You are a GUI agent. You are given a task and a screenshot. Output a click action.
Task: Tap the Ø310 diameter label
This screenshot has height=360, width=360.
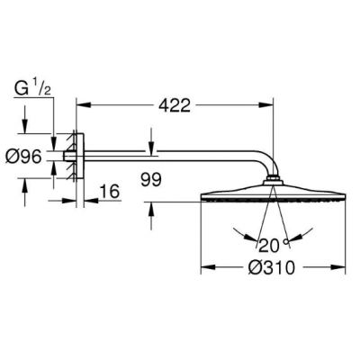pyautogui.click(x=273, y=266)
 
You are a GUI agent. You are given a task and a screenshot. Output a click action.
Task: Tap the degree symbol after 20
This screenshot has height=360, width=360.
pyautogui.click(x=284, y=240)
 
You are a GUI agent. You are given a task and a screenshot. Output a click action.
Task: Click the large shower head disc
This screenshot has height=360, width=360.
pyautogui.click(x=272, y=195)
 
